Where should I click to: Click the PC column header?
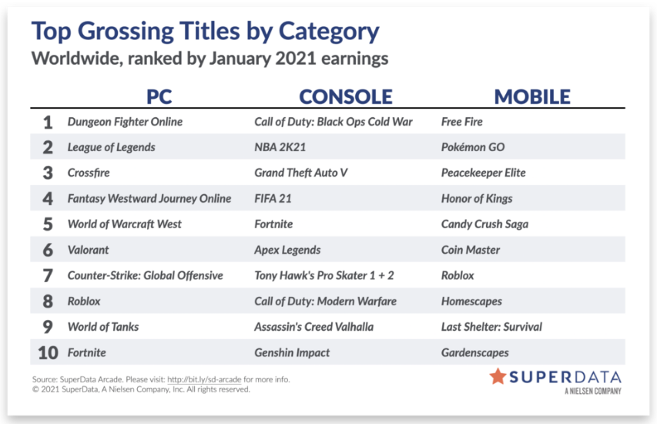point(159,97)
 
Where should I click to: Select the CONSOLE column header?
point(346,97)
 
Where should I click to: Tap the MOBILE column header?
point(532,97)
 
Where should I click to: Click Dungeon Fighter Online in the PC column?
point(125,122)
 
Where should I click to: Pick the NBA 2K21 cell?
point(280,147)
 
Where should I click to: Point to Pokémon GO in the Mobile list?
point(473,147)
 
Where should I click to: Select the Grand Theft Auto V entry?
point(301,173)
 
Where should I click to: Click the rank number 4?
point(48,198)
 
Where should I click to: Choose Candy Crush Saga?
point(484,224)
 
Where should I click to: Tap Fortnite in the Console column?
point(273,224)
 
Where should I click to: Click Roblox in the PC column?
point(84,301)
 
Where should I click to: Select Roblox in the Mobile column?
point(458,275)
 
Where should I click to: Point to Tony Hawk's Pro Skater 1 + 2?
point(324,275)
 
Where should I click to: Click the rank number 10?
point(48,353)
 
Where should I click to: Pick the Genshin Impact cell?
point(292,353)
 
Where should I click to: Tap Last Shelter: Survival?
point(491,327)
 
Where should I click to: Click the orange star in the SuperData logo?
point(498,376)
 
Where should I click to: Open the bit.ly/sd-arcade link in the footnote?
point(204,379)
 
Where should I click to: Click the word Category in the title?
point(329,32)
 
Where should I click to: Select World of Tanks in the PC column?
point(103,327)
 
